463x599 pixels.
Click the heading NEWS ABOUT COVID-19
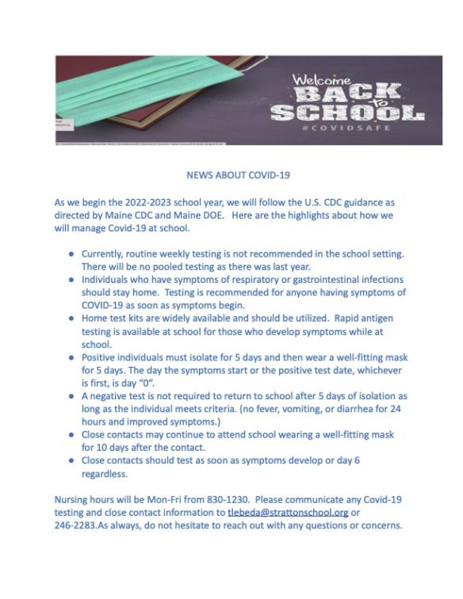coord(231,176)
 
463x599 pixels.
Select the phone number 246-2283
coord(75,526)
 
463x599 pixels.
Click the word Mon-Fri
coord(177,499)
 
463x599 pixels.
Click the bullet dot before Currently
coord(71,254)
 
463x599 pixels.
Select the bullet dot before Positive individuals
coord(71,357)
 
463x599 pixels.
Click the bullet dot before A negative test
coord(71,396)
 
